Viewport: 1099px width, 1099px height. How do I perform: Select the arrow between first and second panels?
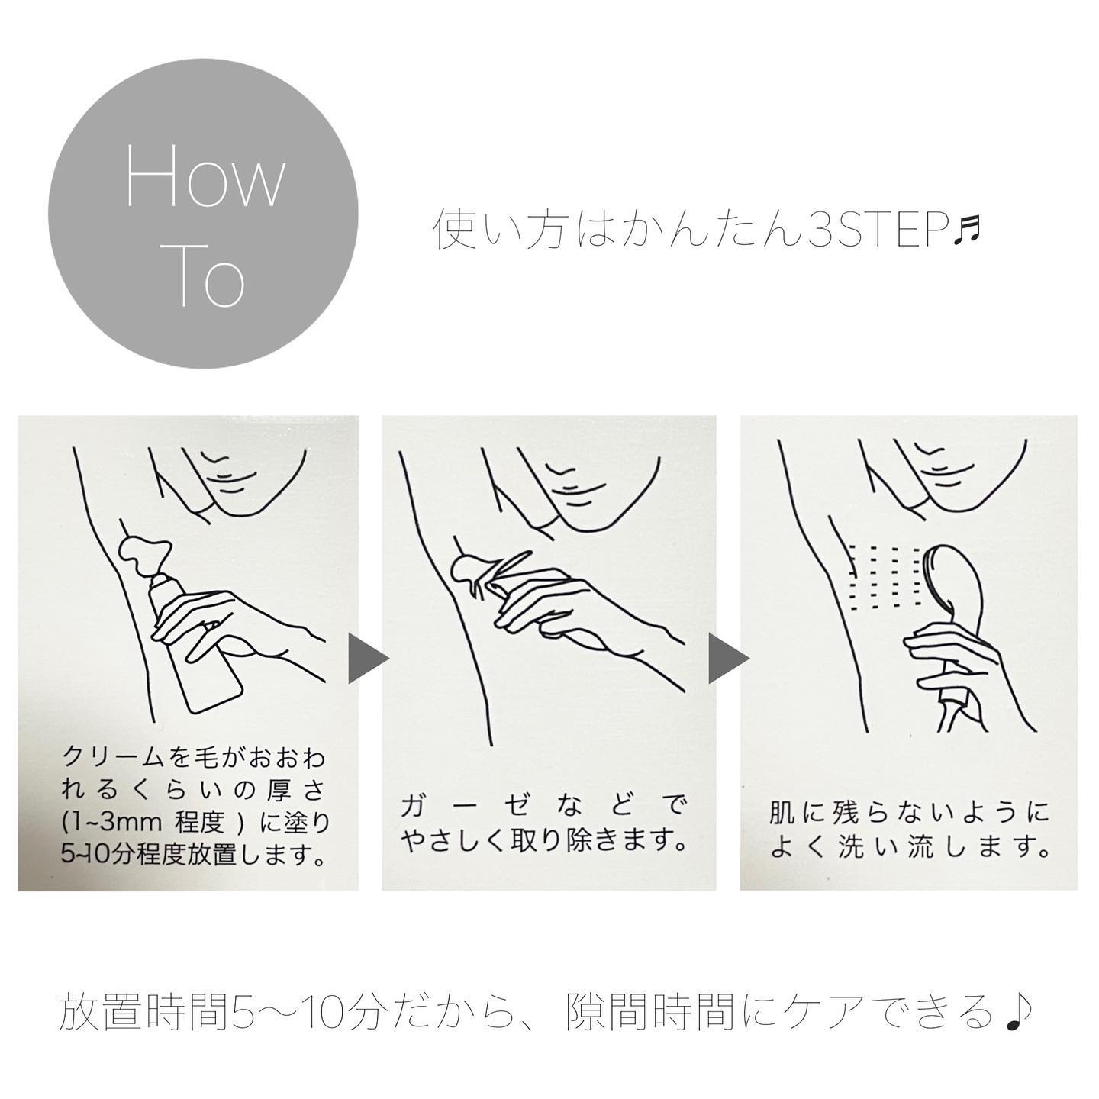click(369, 660)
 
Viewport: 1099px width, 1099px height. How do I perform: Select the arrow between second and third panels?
click(728, 660)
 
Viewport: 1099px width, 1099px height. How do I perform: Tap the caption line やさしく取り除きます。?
click(543, 840)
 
